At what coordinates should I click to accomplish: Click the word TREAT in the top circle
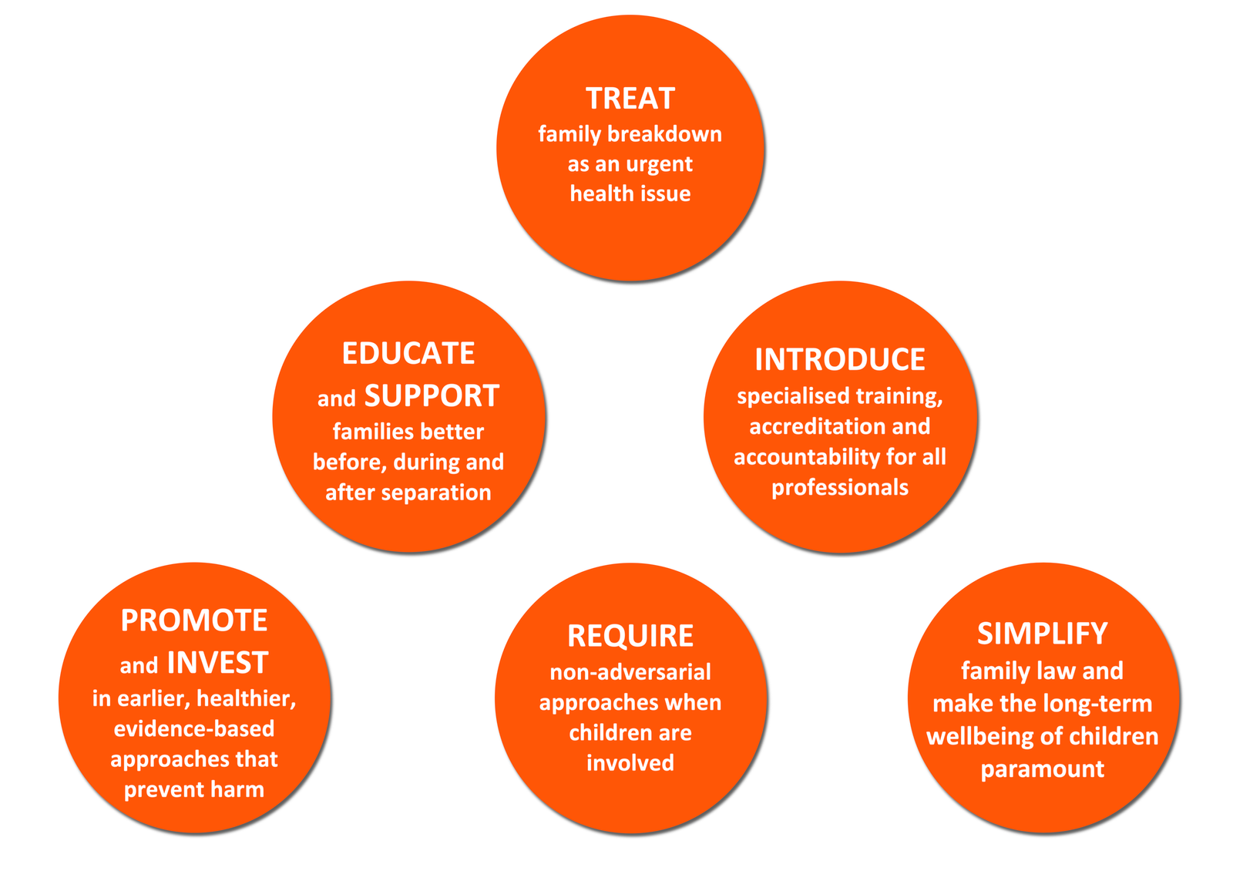click(x=630, y=99)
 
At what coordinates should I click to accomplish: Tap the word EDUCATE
click(x=408, y=353)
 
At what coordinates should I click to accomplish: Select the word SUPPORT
click(x=432, y=396)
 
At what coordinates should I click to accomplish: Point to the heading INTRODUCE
click(x=840, y=359)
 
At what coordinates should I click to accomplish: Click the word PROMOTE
click(x=194, y=620)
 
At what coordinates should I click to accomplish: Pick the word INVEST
click(x=218, y=662)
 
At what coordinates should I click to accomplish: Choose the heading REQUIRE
click(x=631, y=636)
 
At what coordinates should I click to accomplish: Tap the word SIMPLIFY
click(x=1043, y=634)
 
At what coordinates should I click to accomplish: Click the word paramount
click(x=1043, y=770)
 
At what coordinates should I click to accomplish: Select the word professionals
click(x=840, y=488)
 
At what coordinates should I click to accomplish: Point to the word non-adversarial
click(x=631, y=672)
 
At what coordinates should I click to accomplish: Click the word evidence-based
click(x=194, y=729)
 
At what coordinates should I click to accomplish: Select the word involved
click(x=630, y=763)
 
